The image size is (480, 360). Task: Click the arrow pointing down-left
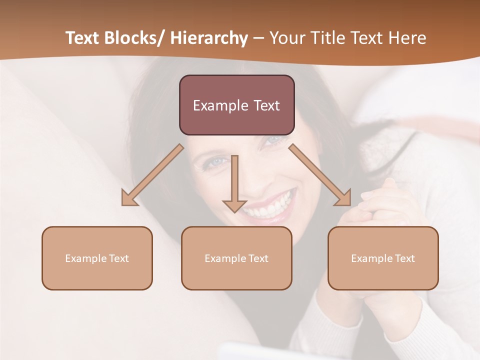[153, 175]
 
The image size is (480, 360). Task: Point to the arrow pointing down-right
[320, 175]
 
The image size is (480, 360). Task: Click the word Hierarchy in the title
[209, 38]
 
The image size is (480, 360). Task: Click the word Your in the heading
[288, 38]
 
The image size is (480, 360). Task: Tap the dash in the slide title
[258, 38]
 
